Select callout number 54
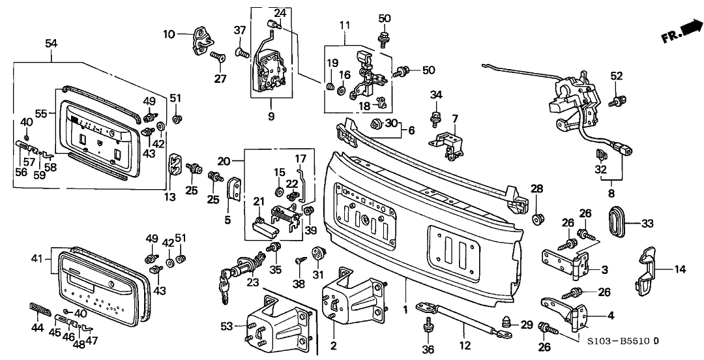click(51, 43)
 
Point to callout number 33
click(647, 223)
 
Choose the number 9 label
click(271, 117)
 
